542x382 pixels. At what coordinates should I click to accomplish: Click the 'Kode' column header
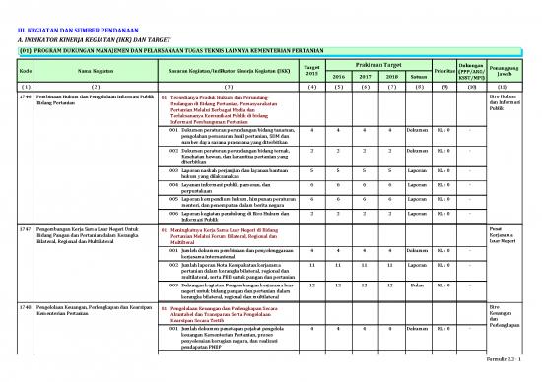click(x=26, y=70)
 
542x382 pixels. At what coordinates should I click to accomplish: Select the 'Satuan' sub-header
click(x=418, y=76)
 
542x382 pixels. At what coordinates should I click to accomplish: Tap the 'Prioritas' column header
click(x=445, y=70)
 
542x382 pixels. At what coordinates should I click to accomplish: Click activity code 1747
click(x=26, y=229)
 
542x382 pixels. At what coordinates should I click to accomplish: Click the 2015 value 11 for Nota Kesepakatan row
click(x=312, y=265)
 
